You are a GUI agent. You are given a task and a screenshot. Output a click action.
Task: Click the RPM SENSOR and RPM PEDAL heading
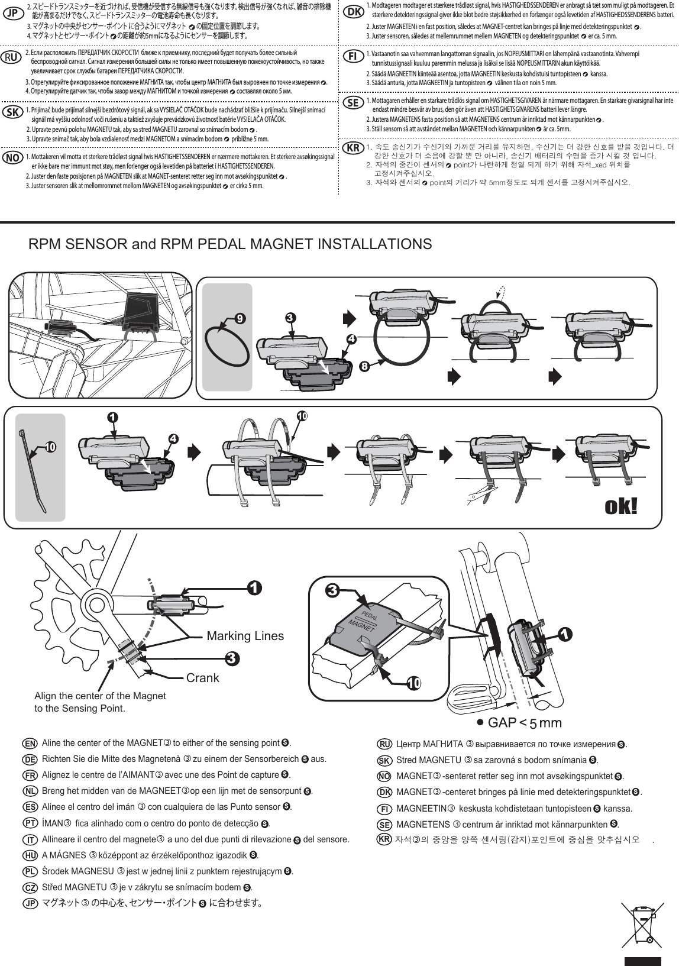(230, 244)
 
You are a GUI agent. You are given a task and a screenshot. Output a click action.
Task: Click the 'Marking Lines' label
(245, 636)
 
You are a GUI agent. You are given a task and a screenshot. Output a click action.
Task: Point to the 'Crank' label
(202, 678)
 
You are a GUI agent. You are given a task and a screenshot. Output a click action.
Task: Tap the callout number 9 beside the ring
(240, 318)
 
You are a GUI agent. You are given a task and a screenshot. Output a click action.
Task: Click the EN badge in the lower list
(30, 742)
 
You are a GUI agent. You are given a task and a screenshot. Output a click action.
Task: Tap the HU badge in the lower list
(30, 855)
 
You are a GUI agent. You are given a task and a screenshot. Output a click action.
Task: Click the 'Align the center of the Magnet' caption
(101, 696)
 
